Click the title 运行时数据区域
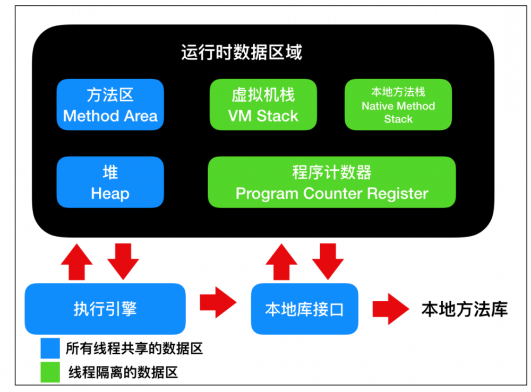[242, 53]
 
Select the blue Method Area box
[110, 104]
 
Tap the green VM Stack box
[263, 104]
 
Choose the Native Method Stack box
[398, 104]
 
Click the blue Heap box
[110, 182]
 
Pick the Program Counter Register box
[331, 182]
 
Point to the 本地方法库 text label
[464, 309]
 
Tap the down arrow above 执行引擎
[123, 260]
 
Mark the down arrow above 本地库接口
[328, 260]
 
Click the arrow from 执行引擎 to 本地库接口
[218, 303]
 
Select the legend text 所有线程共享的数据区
[134, 349]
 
